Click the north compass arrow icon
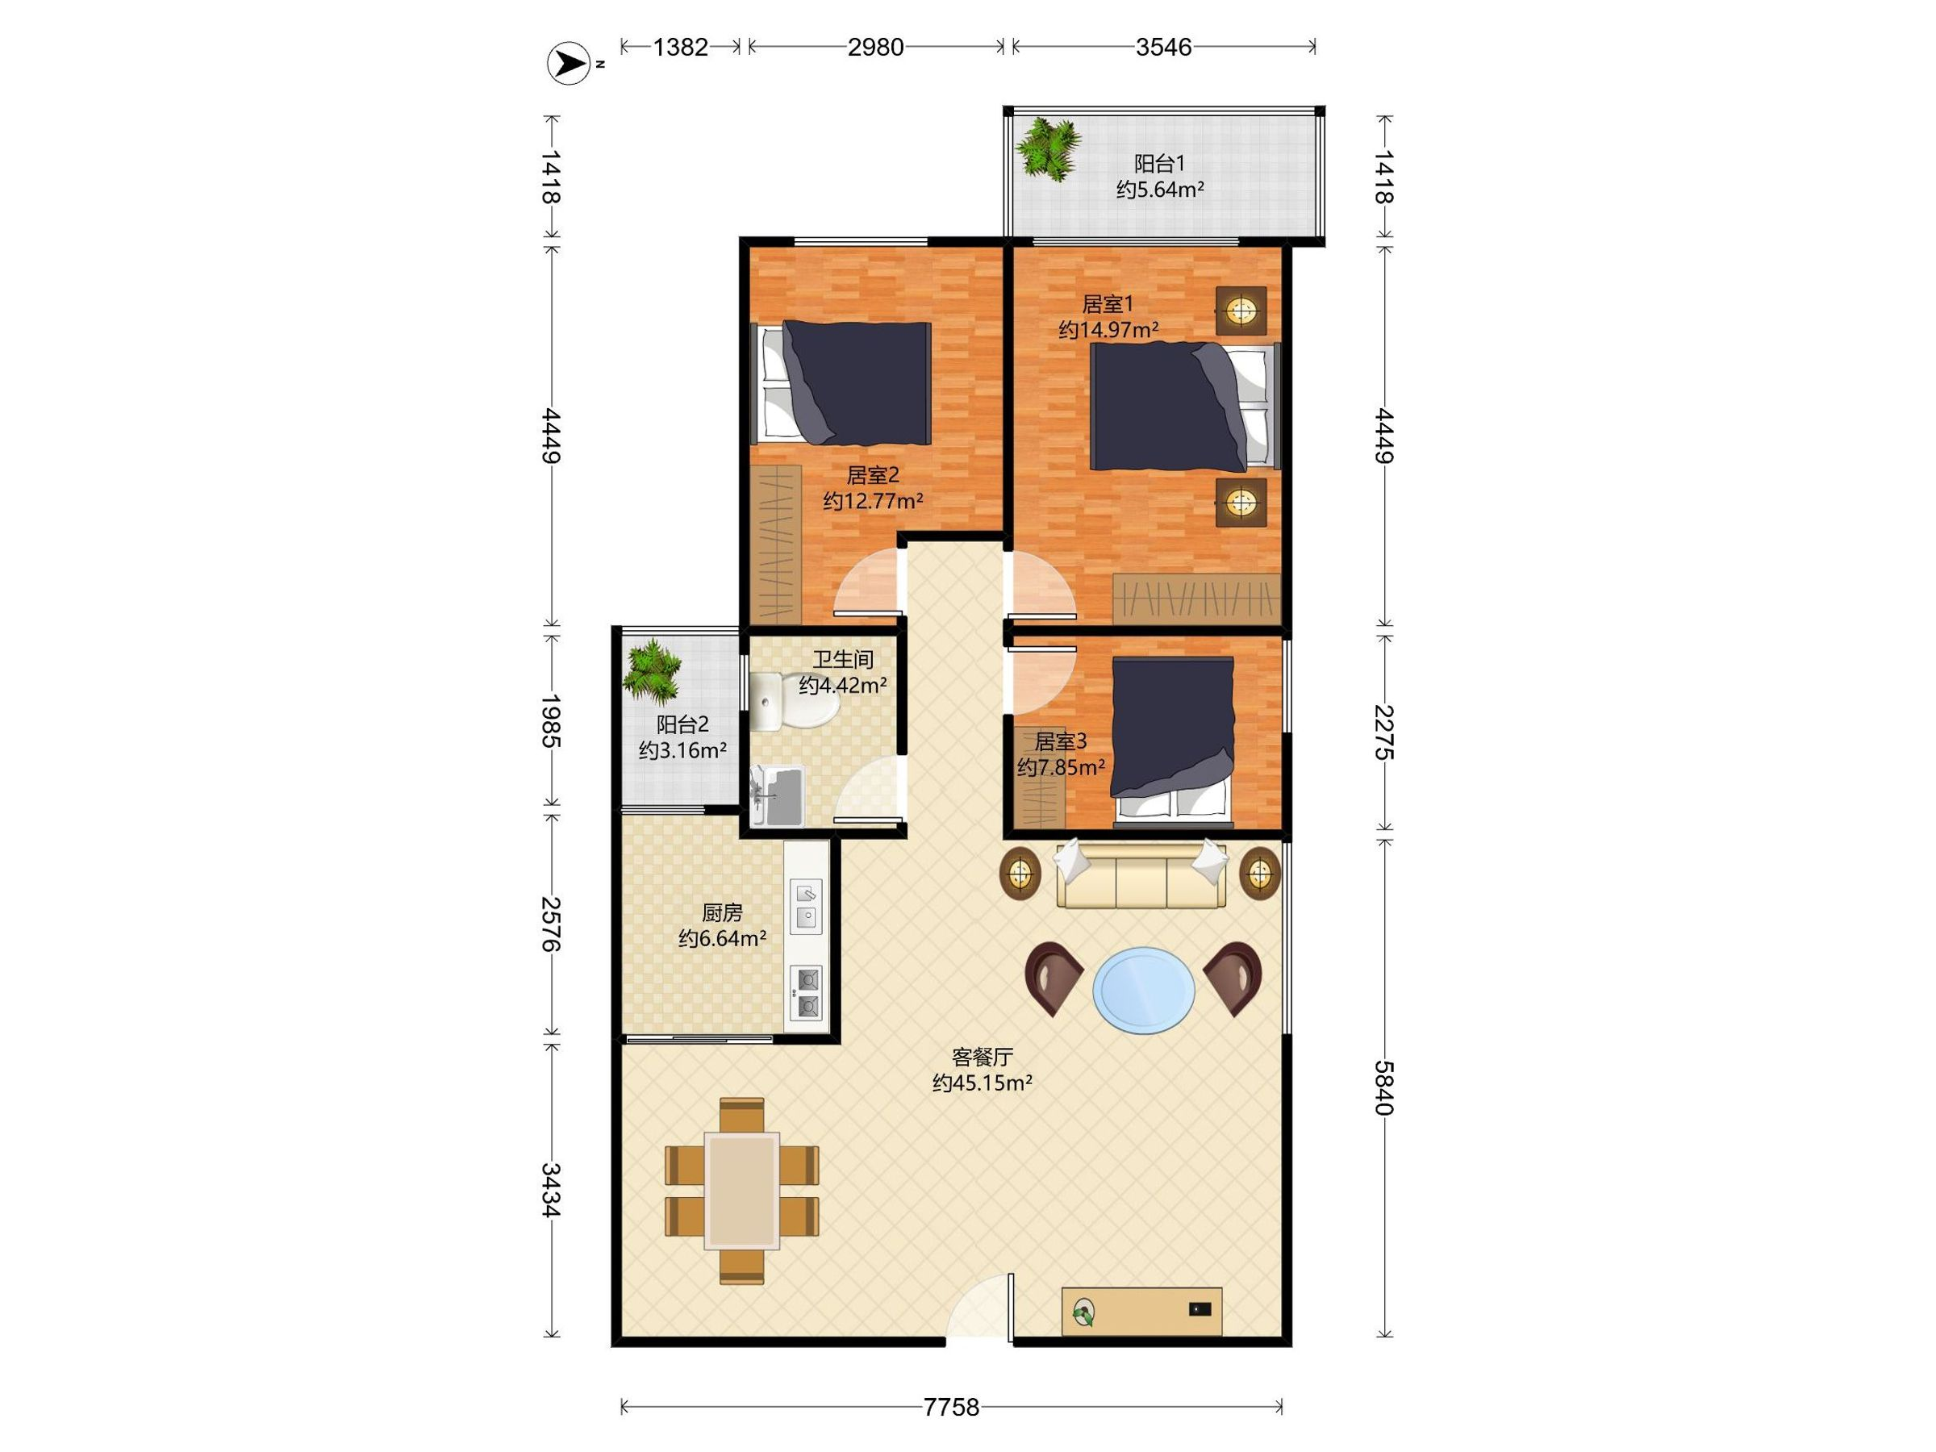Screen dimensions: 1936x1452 pyautogui.click(x=569, y=64)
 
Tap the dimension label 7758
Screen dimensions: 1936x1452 pyautogui.click(x=951, y=1407)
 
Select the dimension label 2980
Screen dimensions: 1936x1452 pyautogui.click(x=875, y=47)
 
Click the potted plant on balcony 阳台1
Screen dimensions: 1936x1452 pyautogui.click(x=1047, y=148)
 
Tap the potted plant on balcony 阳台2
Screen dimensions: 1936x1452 pyautogui.click(x=653, y=671)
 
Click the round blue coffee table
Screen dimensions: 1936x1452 pyautogui.click(x=1144, y=990)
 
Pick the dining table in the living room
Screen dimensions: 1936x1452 pyautogui.click(x=742, y=1191)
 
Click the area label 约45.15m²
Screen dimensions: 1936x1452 pyautogui.click(x=982, y=1083)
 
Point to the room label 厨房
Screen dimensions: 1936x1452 pyautogui.click(x=722, y=914)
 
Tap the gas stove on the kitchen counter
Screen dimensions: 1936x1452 pyautogui.click(x=806, y=992)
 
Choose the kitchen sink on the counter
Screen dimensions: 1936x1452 pyautogui.click(x=806, y=906)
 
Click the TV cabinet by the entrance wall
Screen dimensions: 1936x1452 pyautogui.click(x=1141, y=1310)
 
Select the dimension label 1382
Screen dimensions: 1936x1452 pyautogui.click(x=680, y=47)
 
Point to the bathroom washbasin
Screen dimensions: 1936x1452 pyautogui.click(x=777, y=795)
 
